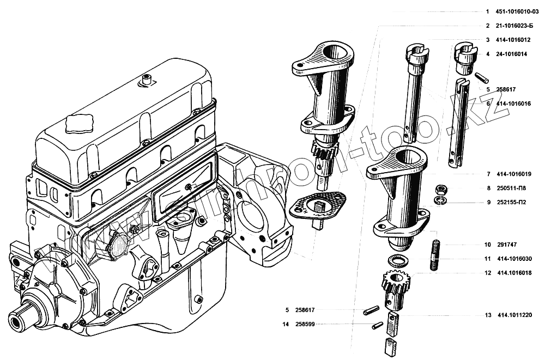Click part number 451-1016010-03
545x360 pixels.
(518, 11)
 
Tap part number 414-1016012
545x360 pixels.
(514, 40)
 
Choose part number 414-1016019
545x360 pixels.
(514, 174)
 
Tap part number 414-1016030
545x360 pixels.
(514, 259)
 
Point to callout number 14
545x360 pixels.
(285, 325)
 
